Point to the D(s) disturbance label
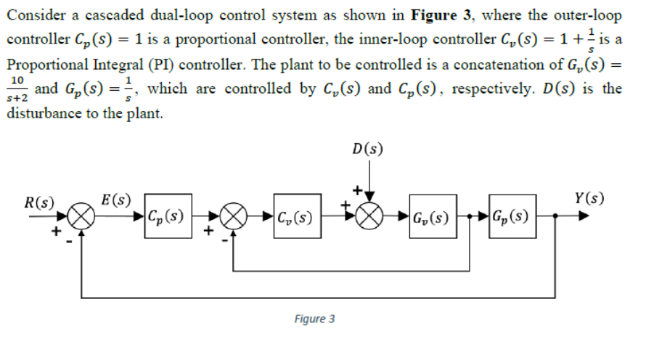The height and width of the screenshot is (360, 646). (367, 149)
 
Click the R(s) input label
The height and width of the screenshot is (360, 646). (39, 202)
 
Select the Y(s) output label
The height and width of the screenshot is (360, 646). (589, 199)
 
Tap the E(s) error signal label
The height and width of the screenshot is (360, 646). (116, 200)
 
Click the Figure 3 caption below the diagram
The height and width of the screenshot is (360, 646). (314, 319)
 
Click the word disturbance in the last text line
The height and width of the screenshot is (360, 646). (44, 113)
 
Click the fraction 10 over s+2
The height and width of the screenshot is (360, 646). (17, 89)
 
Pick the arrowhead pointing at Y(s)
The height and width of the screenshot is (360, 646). (584, 216)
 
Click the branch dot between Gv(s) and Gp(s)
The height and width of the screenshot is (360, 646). (470, 216)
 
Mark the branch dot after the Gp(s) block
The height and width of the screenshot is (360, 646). (555, 216)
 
